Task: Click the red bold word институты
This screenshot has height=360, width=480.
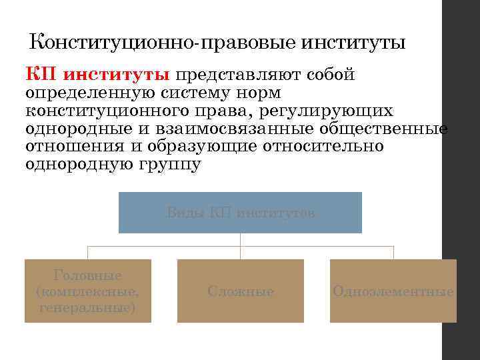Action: point(117,74)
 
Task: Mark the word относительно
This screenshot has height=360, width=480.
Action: point(331,146)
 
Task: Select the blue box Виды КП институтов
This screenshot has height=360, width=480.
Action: point(240,213)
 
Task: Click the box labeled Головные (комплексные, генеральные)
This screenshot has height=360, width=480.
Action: point(88,291)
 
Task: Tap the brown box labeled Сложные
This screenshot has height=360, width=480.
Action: point(241,291)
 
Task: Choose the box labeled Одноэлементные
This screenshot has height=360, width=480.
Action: point(393,291)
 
